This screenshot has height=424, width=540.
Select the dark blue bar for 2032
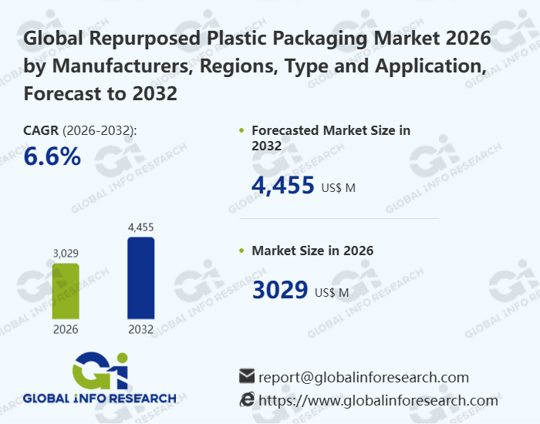click(x=140, y=278)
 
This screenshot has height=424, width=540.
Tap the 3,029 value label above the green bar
click(x=66, y=253)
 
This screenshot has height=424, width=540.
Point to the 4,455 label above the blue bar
click(x=140, y=227)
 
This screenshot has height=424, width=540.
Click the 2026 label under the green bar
click(x=66, y=329)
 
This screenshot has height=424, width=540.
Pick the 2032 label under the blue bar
click(x=140, y=329)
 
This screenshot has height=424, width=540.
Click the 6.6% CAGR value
click(x=52, y=156)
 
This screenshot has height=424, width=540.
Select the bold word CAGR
click(x=41, y=130)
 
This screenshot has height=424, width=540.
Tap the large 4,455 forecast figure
click(x=283, y=185)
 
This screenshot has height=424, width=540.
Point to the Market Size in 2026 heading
click(x=312, y=251)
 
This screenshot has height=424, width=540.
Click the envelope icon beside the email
click(x=247, y=376)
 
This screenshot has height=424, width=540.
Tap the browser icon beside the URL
click(x=247, y=399)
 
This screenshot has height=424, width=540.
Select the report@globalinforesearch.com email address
click(x=363, y=377)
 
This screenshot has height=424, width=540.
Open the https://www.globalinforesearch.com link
click(x=378, y=400)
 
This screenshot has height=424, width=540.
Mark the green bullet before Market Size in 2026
click(x=242, y=251)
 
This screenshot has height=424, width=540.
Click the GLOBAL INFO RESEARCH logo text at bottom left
click(x=100, y=399)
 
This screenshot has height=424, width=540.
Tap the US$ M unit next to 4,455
click(x=338, y=187)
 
